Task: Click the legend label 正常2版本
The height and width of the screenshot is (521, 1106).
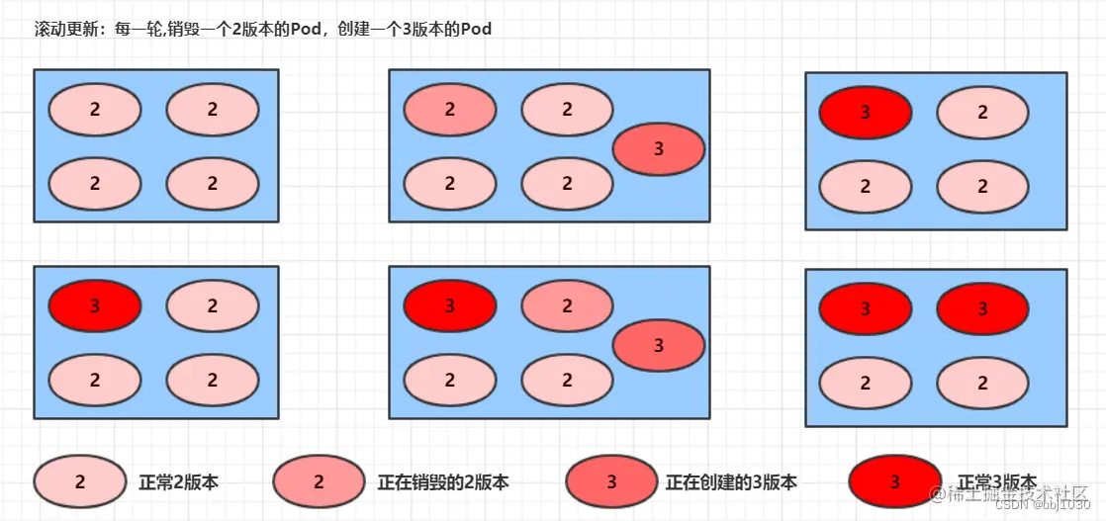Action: click(x=178, y=482)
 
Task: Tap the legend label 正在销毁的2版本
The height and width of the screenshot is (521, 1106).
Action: click(x=443, y=482)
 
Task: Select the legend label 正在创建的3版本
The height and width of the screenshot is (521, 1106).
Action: click(x=731, y=482)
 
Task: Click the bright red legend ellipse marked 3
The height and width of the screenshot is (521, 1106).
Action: click(x=894, y=482)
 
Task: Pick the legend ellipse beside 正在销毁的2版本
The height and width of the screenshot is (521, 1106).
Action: click(x=319, y=482)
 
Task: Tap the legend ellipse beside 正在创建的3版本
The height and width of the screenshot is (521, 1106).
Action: click(x=611, y=482)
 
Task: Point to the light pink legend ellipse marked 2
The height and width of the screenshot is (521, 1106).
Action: click(x=79, y=482)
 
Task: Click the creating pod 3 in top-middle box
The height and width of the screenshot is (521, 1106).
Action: click(x=659, y=149)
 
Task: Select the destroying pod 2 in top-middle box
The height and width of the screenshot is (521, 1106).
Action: click(x=449, y=110)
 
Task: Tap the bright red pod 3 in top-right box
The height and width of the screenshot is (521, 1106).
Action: click(x=866, y=113)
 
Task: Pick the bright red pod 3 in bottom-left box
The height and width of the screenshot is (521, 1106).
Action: click(x=94, y=306)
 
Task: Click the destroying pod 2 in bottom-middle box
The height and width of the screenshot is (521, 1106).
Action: click(x=567, y=306)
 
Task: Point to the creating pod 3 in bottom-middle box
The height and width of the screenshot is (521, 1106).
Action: click(x=659, y=346)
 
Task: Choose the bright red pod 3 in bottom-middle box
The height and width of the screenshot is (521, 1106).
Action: click(x=449, y=306)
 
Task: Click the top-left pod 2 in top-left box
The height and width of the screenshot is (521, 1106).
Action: click(x=94, y=110)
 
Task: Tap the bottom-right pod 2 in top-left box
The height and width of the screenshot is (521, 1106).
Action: click(x=212, y=184)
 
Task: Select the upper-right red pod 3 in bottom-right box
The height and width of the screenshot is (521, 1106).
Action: click(x=982, y=309)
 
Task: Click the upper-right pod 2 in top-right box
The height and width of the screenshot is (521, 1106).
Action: click(x=982, y=113)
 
